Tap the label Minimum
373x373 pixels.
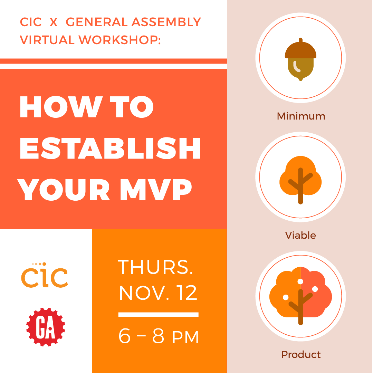point(301,116)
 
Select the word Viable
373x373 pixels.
point(300,236)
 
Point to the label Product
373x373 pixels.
point(301,355)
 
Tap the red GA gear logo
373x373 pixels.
point(46,327)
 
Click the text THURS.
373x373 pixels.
point(155,267)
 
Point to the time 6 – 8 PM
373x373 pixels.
point(159,336)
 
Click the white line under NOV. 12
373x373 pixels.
point(158,314)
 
